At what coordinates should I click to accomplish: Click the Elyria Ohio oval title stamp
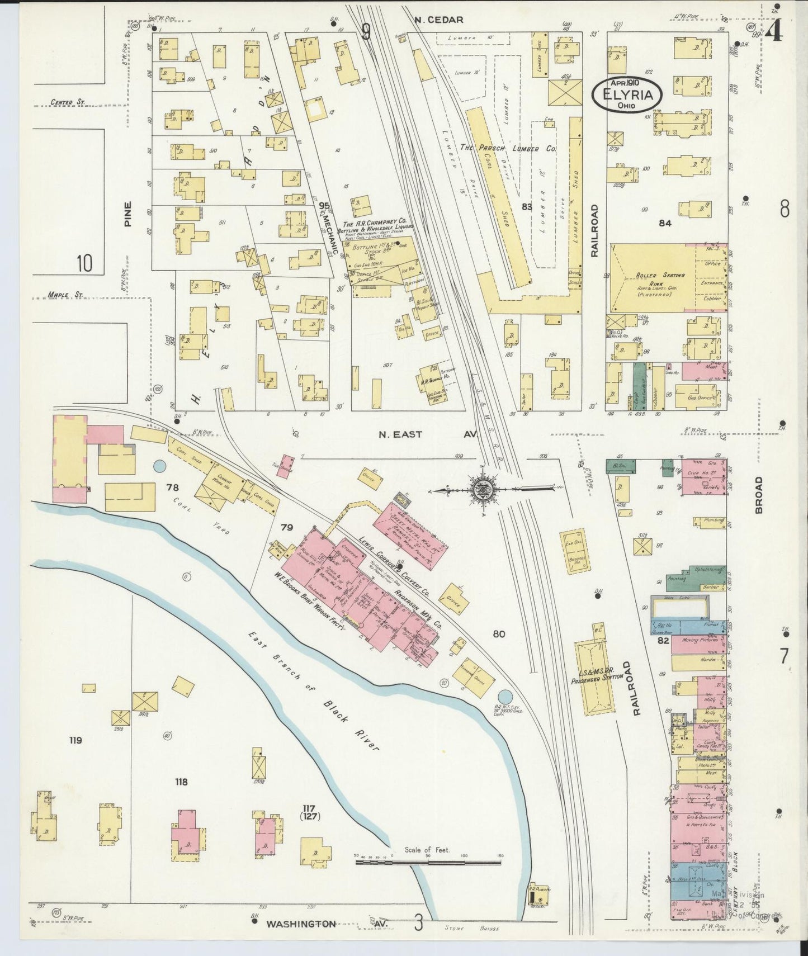coord(627,94)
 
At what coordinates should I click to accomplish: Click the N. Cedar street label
coord(438,20)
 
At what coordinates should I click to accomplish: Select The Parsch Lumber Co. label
coord(507,149)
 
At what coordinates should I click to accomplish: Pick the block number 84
coord(665,223)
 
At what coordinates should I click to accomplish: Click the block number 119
coord(75,740)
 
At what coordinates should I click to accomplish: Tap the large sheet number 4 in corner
coord(774,33)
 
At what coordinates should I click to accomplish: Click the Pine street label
coord(128,214)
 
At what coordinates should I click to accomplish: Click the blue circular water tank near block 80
coord(504,697)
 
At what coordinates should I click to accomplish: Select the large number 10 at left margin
coord(84,262)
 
